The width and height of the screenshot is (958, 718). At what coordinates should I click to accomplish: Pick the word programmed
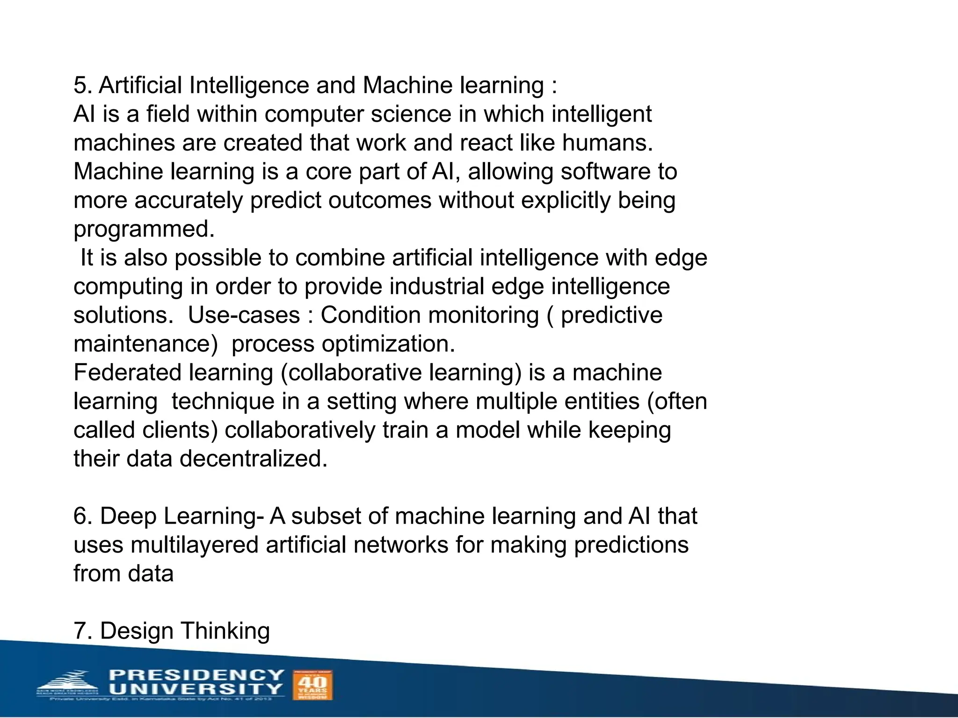144,230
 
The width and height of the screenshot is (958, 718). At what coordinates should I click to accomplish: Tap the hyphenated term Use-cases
244,315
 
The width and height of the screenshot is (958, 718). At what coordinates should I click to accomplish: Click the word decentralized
253,459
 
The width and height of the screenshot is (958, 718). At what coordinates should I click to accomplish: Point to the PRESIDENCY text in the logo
196,675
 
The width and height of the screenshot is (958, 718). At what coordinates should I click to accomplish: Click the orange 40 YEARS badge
312,685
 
